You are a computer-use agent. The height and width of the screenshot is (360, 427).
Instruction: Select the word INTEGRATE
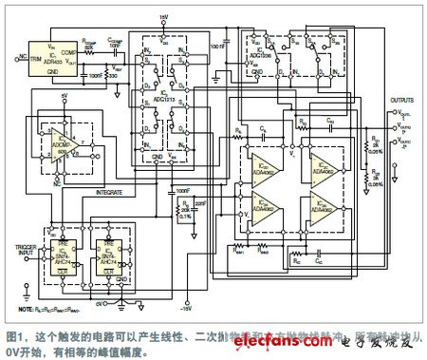tap(112, 191)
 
